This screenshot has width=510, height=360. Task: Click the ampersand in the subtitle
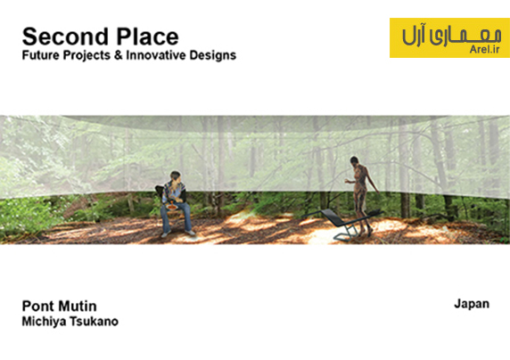[x=118, y=55]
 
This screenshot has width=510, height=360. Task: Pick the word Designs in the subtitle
[x=213, y=55]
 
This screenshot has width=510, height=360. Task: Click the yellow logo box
[x=449, y=37]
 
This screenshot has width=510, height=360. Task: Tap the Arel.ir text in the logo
[x=484, y=49]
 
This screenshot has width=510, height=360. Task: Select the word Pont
[x=37, y=307]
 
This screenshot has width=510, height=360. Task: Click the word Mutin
[x=78, y=307]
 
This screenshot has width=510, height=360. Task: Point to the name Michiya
[x=44, y=322]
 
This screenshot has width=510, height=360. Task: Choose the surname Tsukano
[x=94, y=322]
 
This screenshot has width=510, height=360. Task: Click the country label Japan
[x=472, y=304]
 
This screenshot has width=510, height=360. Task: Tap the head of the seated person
[x=176, y=176]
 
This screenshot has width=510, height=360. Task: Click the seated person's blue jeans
[x=177, y=217]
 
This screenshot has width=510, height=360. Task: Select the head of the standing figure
[x=354, y=160]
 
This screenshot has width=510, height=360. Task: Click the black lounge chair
[x=341, y=223]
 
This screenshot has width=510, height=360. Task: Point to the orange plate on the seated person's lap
[x=172, y=207]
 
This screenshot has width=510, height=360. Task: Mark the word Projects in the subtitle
[x=86, y=55]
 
